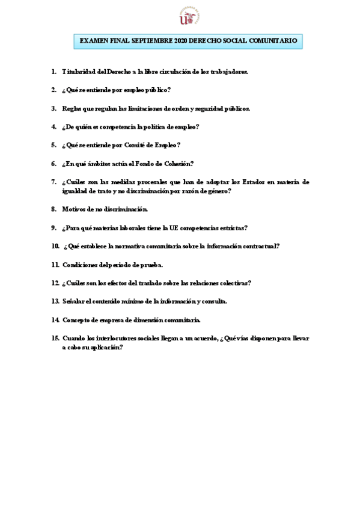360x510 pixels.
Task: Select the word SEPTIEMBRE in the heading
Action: [150, 41]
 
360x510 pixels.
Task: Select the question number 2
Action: [53, 90]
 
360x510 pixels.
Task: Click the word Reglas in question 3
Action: [72, 108]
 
